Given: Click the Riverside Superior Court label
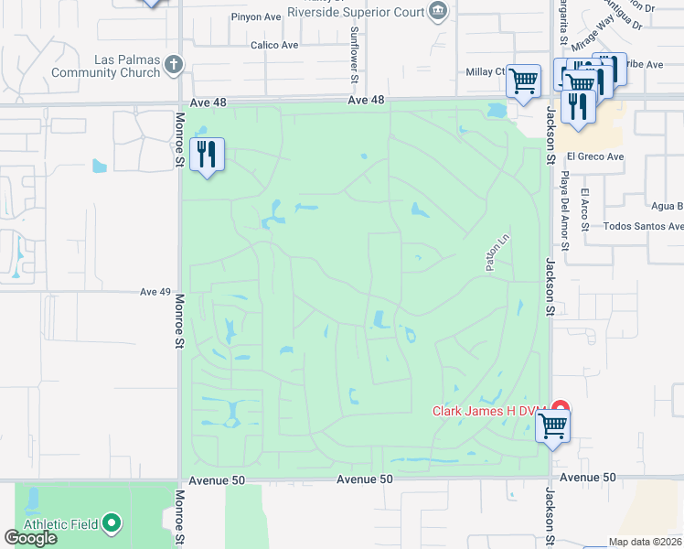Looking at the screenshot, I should (x=356, y=12).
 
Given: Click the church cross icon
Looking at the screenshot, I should (x=174, y=64).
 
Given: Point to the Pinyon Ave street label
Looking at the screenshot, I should (x=257, y=16).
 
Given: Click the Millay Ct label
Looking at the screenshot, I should (x=486, y=71).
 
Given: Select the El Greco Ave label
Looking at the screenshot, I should (x=594, y=156).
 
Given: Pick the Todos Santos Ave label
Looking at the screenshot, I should (x=644, y=226).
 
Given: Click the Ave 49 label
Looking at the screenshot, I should (x=155, y=292).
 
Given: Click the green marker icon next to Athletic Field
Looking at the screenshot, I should (x=112, y=523).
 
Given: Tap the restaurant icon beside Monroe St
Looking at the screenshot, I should (x=208, y=155).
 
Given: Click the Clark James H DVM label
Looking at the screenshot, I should (x=488, y=411).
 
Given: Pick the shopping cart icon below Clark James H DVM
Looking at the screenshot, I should (x=552, y=425).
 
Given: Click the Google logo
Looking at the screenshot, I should (x=31, y=538).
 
